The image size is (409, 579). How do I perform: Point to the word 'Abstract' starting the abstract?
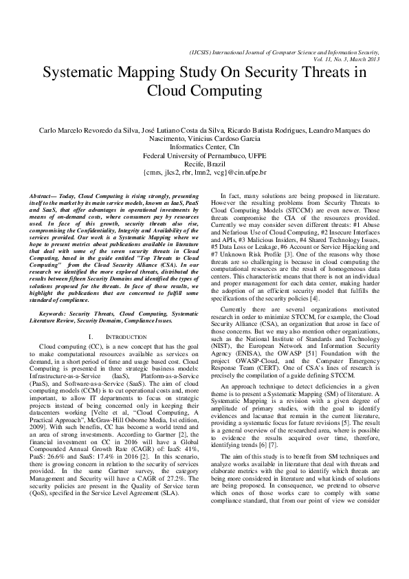coord(55,197)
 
